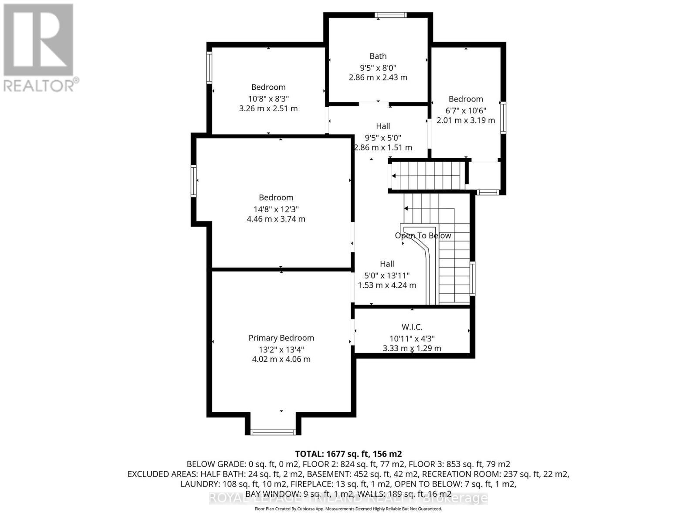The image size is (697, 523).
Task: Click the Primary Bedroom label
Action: pos(281,338)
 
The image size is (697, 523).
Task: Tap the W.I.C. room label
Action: pos(412,327)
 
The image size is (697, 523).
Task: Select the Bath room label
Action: pos(378,56)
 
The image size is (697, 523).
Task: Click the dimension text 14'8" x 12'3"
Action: pos(276,209)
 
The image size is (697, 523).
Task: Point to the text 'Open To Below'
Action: pos(423,235)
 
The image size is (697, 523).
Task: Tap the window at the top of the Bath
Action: pos(391,15)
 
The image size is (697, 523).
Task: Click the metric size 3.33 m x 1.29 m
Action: pos(412,348)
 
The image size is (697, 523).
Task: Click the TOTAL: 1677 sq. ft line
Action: pos(348,454)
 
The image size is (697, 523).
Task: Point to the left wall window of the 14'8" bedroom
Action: pos(194,181)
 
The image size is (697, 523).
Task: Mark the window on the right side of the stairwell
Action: pos(473,278)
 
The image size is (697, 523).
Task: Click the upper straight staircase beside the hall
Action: pos(427,176)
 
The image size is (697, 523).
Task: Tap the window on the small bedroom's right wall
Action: pos(503,117)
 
